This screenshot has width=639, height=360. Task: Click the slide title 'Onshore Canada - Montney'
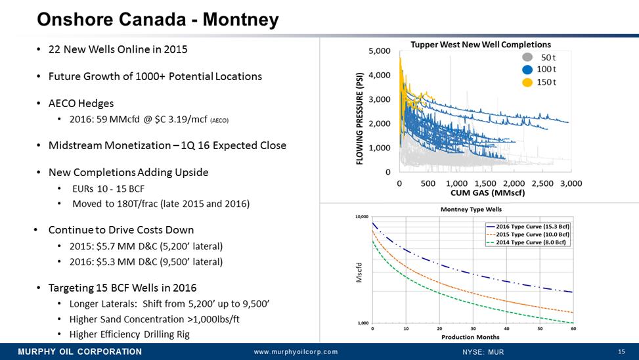pyautogui.click(x=158, y=20)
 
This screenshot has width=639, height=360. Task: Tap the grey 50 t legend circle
pyautogui.click(x=527, y=57)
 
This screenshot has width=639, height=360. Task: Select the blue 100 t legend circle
pyautogui.click(x=527, y=69)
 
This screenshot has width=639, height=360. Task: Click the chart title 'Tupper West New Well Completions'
pyautogui.click(x=481, y=45)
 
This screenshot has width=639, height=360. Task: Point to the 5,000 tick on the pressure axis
pyautogui.click(x=378, y=51)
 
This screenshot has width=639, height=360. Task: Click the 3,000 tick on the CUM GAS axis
pyautogui.click(x=571, y=183)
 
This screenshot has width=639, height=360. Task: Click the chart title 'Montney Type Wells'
pyautogui.click(x=470, y=209)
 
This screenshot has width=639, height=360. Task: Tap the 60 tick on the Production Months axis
pyautogui.click(x=573, y=328)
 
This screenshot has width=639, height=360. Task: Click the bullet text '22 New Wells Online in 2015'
pyautogui.click(x=121, y=51)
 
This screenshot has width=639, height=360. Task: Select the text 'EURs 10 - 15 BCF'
pyautogui.click(x=108, y=189)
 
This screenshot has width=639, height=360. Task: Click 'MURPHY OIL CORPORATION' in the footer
pyautogui.click(x=79, y=351)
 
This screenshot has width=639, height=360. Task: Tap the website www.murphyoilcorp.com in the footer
pyautogui.click(x=296, y=352)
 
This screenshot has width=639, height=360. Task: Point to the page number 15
pyautogui.click(x=621, y=351)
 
